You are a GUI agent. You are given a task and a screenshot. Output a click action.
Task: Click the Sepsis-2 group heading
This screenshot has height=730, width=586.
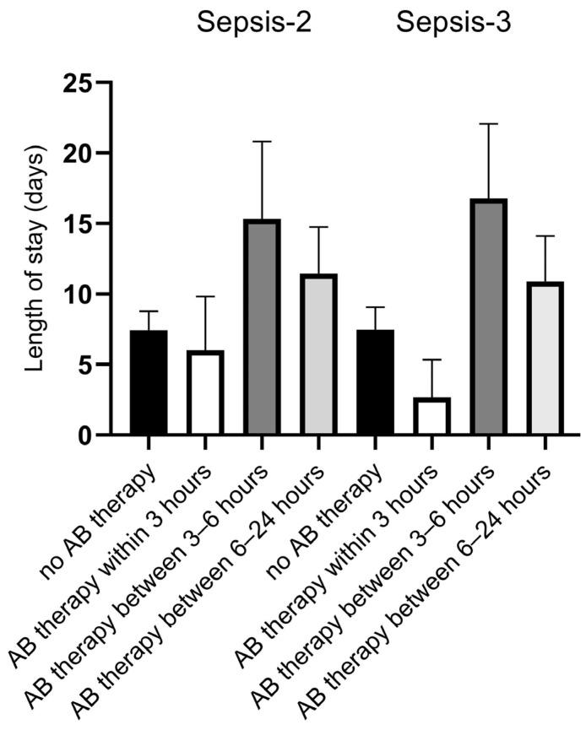point(254,23)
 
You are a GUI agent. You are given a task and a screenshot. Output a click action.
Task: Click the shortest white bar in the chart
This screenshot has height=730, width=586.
point(431,416)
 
